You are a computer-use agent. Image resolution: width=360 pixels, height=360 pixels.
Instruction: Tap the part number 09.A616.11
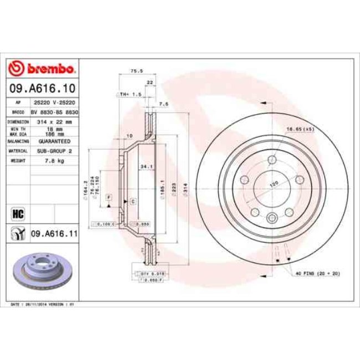click(x=54, y=234)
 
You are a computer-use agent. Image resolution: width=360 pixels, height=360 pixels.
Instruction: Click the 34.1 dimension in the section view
click(x=146, y=166)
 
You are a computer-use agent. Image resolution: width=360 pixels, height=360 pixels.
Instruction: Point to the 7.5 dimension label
click(x=163, y=104)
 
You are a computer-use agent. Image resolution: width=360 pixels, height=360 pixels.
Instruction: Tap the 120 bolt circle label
click(x=273, y=183)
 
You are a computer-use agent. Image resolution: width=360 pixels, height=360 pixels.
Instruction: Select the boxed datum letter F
click(x=109, y=198)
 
